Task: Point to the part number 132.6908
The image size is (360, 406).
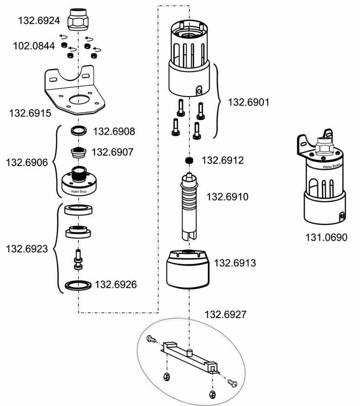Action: point(114,132)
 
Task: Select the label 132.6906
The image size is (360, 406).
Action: point(27,162)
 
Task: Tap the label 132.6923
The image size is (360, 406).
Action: point(27,249)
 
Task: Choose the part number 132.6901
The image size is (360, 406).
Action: point(248,102)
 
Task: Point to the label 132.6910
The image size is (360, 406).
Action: point(228,197)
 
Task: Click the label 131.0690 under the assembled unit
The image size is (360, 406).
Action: point(326,238)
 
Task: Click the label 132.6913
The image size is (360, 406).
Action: point(235,263)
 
